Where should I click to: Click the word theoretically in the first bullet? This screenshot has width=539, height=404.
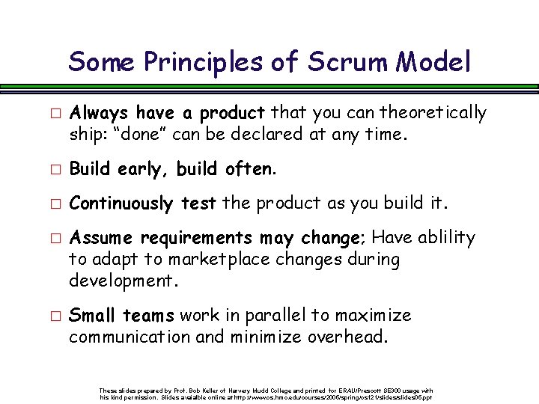point(433,113)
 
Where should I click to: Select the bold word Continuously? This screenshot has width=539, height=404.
point(120,203)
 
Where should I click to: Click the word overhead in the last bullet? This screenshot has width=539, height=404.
point(347,337)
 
